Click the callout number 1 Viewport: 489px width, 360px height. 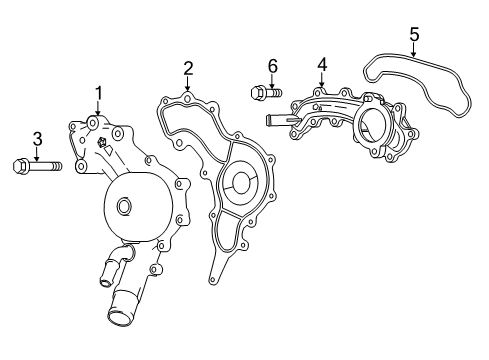tap(99, 93)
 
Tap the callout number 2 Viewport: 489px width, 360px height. tap(187, 68)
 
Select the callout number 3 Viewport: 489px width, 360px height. tap(37, 138)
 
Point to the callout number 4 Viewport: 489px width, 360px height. tap(321, 64)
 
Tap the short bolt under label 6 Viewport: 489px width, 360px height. tap(262, 95)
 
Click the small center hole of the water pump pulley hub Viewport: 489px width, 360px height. tap(123, 207)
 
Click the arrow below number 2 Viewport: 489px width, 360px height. tap(187, 86)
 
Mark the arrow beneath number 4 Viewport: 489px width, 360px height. tap(321, 82)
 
